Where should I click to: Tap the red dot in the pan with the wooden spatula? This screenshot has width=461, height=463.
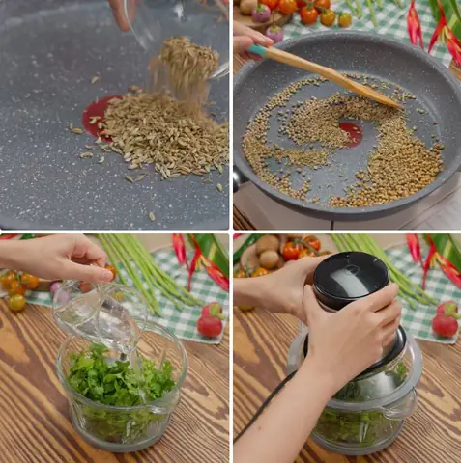[x=351, y=134]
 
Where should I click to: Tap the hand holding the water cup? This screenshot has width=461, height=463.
[x=58, y=259]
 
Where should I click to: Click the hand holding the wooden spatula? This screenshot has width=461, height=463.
[x=250, y=38]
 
